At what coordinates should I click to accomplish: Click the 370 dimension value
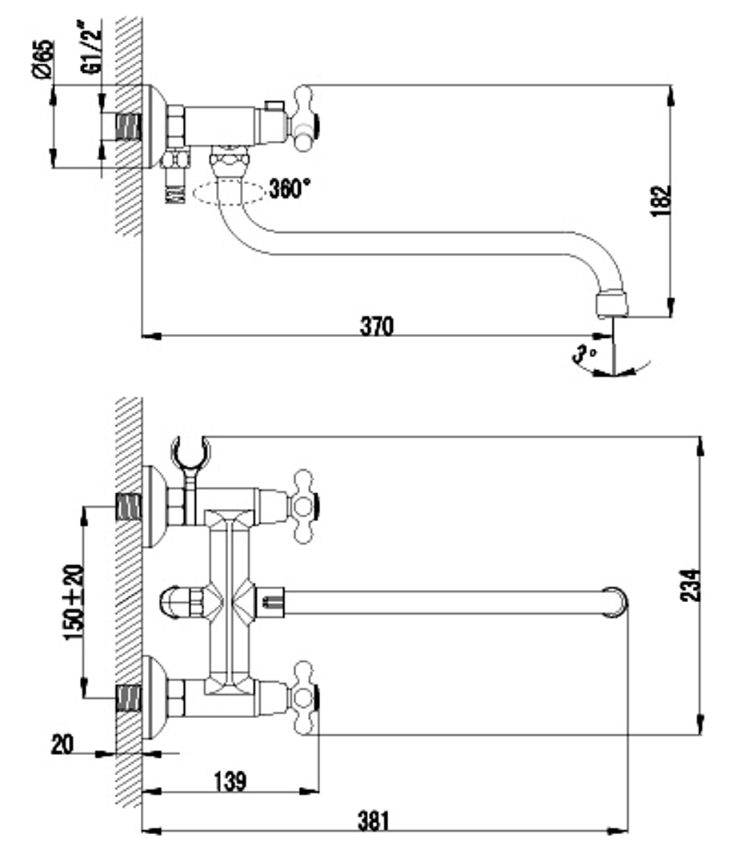coord(376,327)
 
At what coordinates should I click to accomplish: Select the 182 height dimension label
coord(661,201)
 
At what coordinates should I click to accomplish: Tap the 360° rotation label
coord(290,189)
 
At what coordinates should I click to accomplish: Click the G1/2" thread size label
coord(91,47)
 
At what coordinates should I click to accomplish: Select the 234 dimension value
coord(690,585)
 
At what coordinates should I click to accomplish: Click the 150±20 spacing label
coord(74,602)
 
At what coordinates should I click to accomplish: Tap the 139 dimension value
coord(230,781)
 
